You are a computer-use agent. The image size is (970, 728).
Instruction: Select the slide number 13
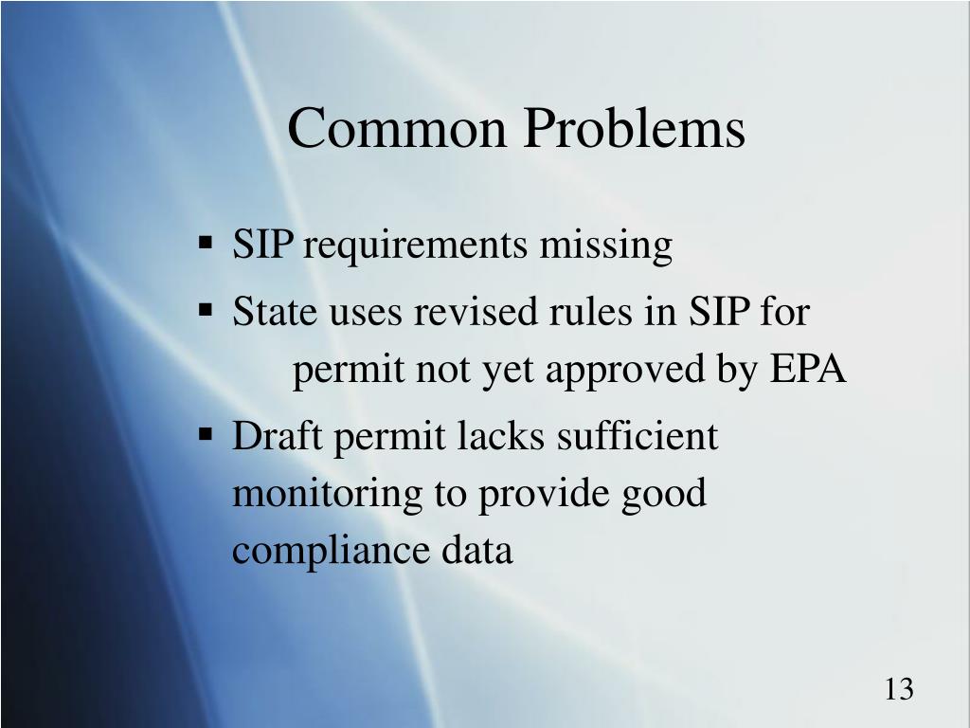(899, 689)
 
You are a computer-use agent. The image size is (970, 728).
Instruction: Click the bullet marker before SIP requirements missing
(206, 244)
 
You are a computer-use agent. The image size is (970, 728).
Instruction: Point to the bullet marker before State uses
(206, 309)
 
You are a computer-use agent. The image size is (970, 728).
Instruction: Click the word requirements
(416, 246)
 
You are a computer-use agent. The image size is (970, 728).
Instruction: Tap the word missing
(605, 246)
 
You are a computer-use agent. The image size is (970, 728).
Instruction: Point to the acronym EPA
(808, 371)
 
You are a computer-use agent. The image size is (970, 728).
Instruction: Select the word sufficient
(638, 437)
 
